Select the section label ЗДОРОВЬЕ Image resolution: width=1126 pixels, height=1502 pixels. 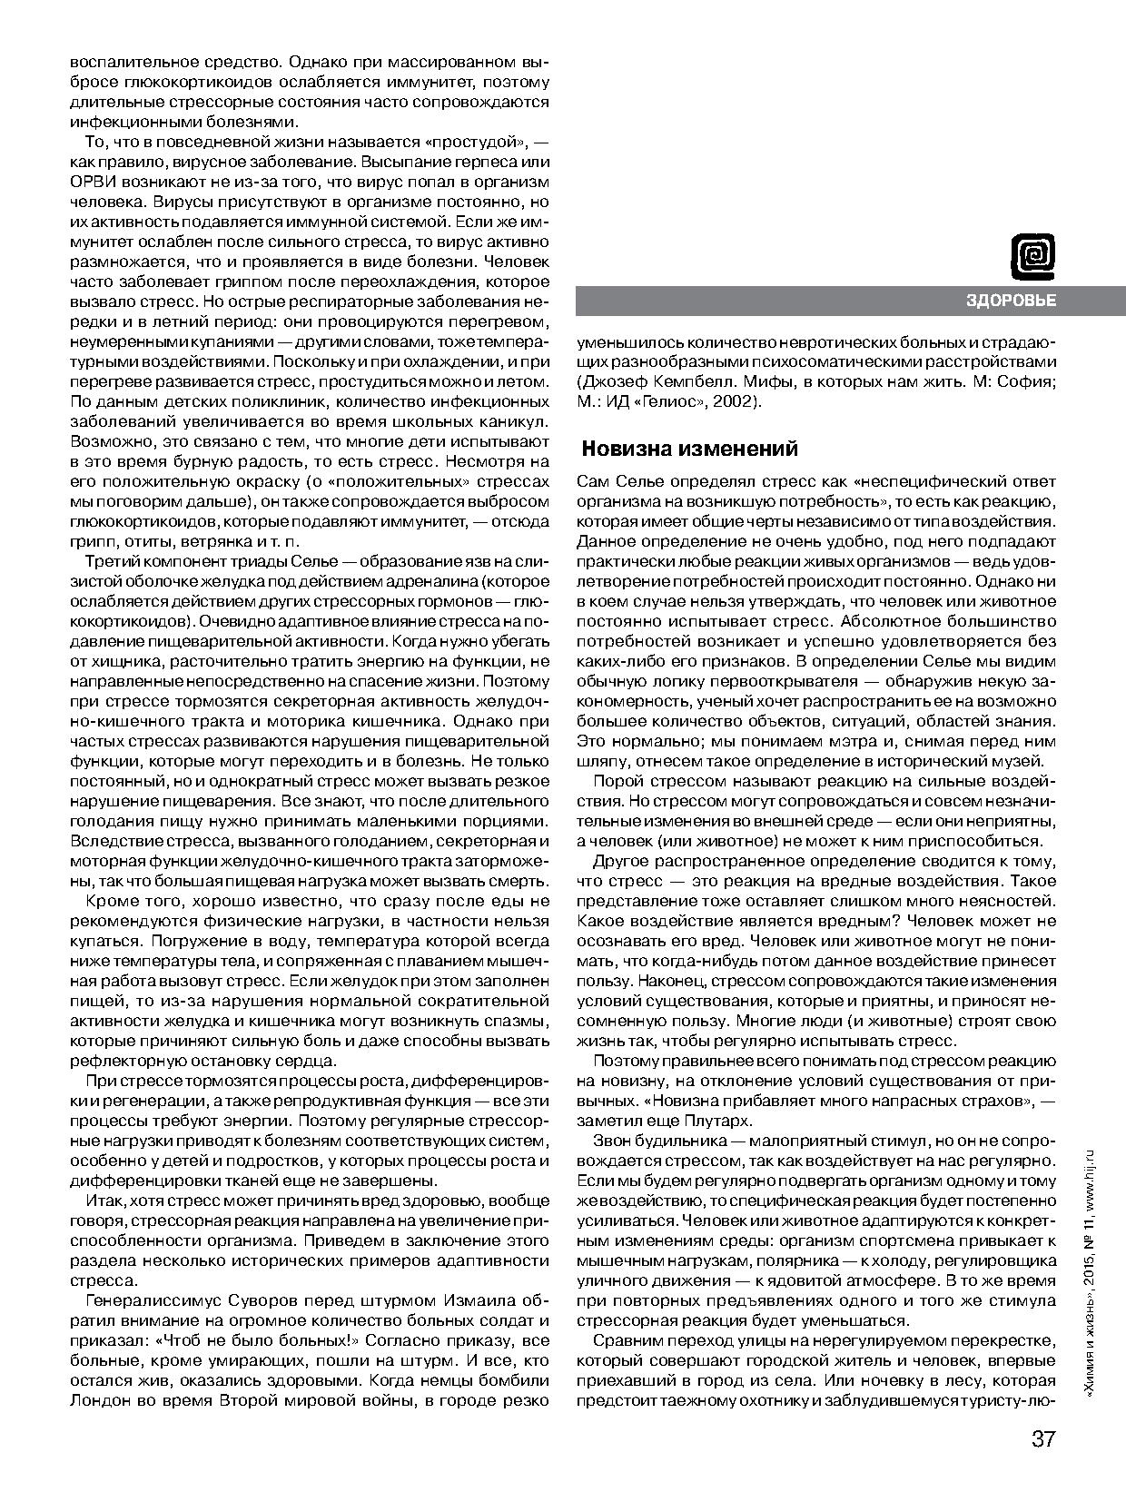pos(1011,301)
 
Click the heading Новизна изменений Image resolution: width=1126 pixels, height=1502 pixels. pos(689,449)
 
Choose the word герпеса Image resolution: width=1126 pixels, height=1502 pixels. pos(459,163)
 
